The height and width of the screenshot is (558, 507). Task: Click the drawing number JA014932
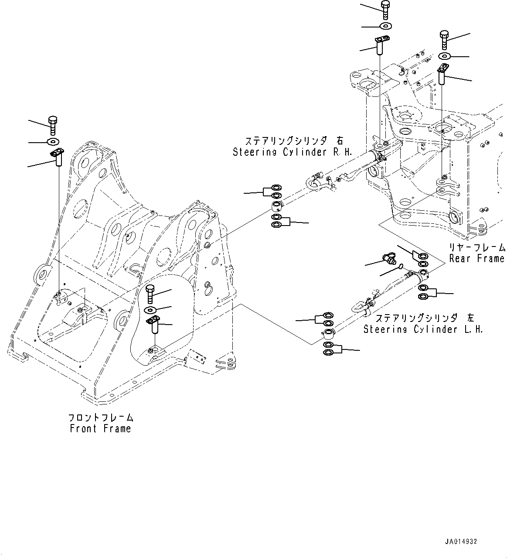(461, 542)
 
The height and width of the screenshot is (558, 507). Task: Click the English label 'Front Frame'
(100, 429)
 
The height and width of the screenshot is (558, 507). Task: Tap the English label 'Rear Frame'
(477, 258)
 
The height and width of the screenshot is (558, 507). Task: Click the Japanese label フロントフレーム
(101, 418)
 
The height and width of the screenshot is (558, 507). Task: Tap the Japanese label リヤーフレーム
(477, 247)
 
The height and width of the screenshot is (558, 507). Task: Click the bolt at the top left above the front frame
(53, 125)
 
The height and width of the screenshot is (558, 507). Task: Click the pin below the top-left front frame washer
(58, 157)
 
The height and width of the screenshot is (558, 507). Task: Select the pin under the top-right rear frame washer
(443, 75)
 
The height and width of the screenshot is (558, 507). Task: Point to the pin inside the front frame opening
(154, 325)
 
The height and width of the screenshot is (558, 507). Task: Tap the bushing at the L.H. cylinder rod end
(328, 335)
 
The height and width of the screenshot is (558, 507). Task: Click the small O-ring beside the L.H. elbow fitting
(401, 267)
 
